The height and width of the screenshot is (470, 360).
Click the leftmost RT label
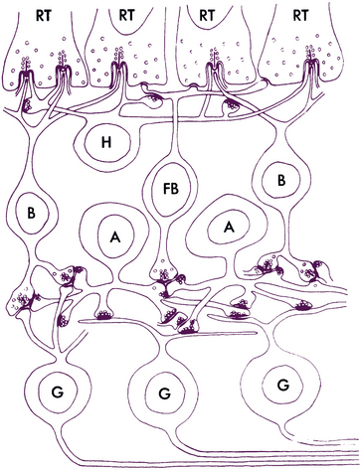[44, 16]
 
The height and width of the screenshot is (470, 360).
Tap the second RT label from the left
[127, 15]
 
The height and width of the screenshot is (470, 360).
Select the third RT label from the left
[207, 15]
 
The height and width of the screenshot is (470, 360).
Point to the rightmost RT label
[300, 15]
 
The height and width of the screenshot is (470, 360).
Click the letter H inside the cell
[106, 143]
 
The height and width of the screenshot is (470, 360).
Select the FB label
[171, 189]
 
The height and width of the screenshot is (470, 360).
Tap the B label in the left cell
[31, 213]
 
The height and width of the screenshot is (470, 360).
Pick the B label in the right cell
[281, 181]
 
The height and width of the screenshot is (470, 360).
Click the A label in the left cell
[115, 236]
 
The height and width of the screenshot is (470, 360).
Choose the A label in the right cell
[228, 228]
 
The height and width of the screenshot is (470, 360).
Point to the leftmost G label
[58, 392]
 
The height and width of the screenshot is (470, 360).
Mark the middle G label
[164, 393]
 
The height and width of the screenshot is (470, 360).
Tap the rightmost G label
[282, 385]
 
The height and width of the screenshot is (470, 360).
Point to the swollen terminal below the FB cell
[163, 271]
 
